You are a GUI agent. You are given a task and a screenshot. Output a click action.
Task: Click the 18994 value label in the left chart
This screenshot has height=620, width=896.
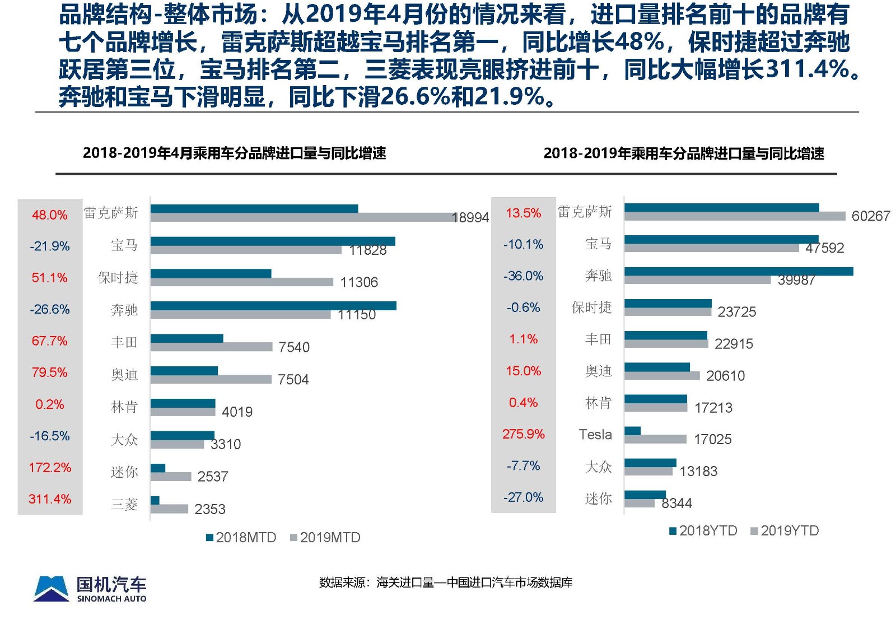(470, 217)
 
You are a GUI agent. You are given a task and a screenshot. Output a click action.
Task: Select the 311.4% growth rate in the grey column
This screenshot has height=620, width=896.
(50, 498)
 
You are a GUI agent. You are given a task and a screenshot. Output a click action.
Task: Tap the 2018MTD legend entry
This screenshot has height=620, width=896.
(241, 537)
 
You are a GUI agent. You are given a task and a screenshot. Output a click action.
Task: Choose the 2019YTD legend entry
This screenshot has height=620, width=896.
(785, 530)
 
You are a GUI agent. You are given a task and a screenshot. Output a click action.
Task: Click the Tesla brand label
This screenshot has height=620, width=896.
(595, 434)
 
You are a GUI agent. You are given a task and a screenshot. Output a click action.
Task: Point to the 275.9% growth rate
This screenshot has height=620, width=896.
(524, 434)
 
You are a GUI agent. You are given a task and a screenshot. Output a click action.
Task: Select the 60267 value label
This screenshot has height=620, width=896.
(870, 216)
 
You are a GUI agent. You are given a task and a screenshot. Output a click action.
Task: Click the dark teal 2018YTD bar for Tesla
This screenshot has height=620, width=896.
(632, 431)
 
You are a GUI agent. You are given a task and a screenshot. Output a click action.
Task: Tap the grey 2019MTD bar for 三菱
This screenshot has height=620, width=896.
(169, 509)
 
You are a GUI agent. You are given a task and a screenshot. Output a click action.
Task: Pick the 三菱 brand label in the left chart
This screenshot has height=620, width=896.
(124, 504)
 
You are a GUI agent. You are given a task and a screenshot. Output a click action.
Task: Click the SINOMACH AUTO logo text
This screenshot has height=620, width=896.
(111, 599)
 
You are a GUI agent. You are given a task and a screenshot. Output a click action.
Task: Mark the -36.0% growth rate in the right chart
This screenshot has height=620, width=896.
(524, 276)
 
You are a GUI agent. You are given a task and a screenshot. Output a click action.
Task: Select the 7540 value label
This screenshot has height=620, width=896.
(294, 347)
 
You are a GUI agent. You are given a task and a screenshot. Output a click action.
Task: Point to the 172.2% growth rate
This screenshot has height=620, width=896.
(50, 467)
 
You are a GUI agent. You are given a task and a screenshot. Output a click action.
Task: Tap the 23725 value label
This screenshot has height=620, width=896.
(736, 311)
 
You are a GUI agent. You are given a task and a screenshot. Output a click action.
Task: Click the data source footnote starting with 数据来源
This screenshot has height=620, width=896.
(446, 582)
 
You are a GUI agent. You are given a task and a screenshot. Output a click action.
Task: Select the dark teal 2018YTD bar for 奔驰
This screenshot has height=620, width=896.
(739, 272)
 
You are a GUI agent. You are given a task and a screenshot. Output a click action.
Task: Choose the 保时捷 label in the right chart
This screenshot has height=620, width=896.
(591, 307)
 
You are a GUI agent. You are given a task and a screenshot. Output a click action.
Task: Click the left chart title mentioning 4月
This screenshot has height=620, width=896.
(234, 153)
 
